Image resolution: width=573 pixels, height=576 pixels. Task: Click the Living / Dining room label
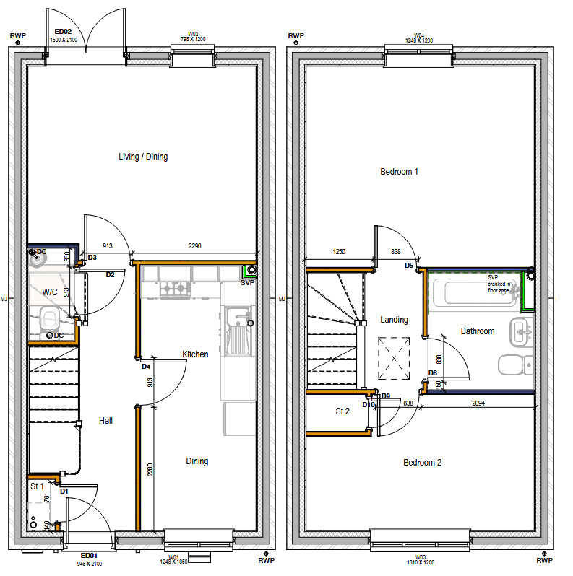(x=143, y=157)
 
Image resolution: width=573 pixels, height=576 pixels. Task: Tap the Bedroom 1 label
(x=400, y=172)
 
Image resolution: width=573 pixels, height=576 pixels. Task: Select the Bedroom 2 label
(x=422, y=463)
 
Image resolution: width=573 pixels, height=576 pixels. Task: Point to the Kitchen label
(x=195, y=354)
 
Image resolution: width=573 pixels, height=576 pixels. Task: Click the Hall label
(x=105, y=421)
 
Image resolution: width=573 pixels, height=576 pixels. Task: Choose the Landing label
(x=394, y=320)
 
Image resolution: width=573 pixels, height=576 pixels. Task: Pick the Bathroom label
(x=478, y=331)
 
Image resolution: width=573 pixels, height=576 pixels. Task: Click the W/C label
(x=50, y=292)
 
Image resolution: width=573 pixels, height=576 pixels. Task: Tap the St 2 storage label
(x=342, y=411)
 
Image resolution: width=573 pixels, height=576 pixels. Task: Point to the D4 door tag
(x=146, y=367)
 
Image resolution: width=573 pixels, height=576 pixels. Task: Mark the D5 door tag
(x=409, y=266)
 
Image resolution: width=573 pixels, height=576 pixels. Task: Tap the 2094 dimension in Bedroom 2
(x=478, y=403)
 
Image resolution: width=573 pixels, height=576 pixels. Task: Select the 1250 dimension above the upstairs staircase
(x=339, y=252)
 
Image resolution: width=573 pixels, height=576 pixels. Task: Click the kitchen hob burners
(x=175, y=289)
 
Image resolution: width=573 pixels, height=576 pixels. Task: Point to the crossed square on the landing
(x=394, y=357)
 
